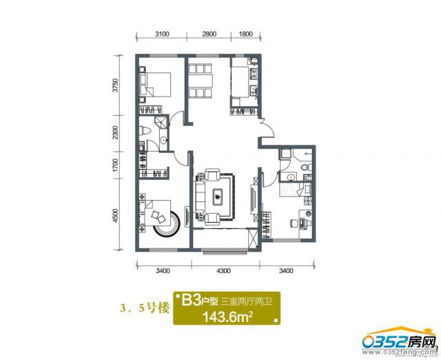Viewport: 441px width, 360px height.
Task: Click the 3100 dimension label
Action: (162, 34)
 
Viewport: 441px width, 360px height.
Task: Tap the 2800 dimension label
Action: (209, 34)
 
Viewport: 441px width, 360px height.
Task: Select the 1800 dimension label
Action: (245, 34)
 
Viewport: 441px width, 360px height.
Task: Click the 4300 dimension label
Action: (223, 271)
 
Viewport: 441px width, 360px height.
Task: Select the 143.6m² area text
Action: (227, 317)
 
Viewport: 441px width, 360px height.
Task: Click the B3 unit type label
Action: (191, 301)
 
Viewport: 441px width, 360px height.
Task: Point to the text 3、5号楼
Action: (145, 308)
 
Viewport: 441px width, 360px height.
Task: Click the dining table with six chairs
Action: (200, 81)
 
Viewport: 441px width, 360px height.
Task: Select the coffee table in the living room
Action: (218, 197)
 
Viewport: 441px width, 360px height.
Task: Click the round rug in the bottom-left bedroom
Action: (167, 223)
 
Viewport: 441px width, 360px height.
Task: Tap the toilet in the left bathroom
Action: (145, 131)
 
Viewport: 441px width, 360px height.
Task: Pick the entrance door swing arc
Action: (269, 128)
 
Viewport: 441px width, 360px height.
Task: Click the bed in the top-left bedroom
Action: (155, 85)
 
